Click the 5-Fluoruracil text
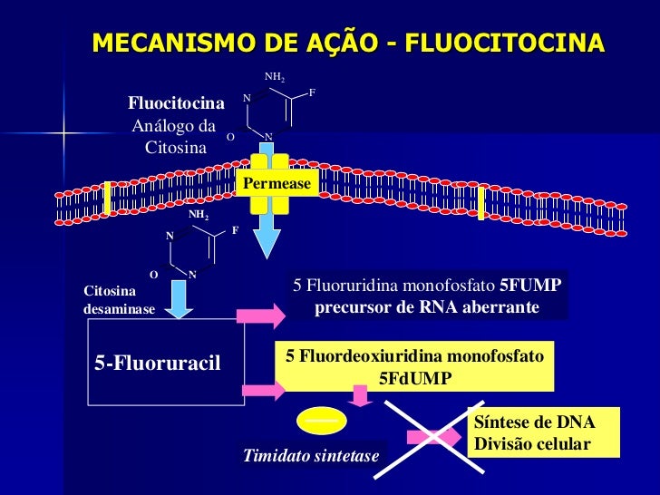[158, 364]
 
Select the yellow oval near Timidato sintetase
[321, 421]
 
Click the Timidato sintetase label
[311, 455]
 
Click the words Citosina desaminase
[119, 300]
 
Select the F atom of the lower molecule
[235, 230]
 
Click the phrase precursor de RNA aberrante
[427, 308]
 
